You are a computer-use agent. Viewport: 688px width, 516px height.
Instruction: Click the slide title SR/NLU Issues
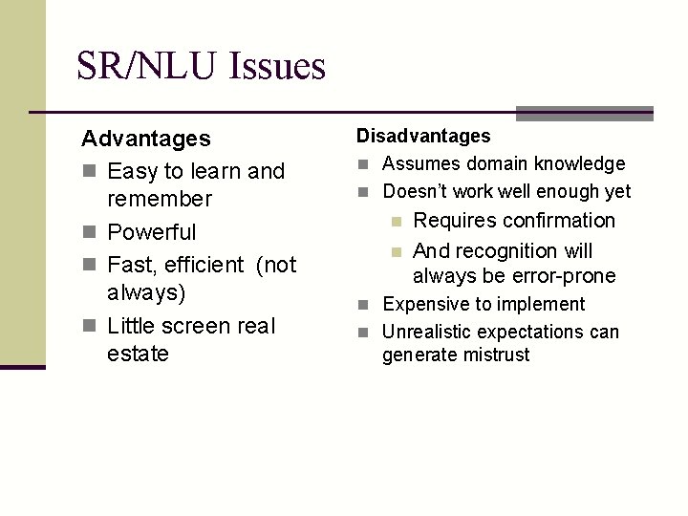[x=201, y=66]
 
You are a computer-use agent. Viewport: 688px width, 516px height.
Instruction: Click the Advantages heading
[x=146, y=139]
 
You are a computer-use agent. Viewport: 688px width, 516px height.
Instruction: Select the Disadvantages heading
[x=423, y=137]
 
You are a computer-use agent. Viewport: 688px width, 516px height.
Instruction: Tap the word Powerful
[x=152, y=232]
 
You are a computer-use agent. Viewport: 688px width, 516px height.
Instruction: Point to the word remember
[x=160, y=199]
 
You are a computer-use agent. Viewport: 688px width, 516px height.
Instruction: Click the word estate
[x=139, y=354]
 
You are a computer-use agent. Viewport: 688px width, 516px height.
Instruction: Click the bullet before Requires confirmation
[x=397, y=222]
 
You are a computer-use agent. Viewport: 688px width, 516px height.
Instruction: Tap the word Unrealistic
[x=427, y=332]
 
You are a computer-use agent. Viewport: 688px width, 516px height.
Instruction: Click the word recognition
[x=506, y=251]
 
